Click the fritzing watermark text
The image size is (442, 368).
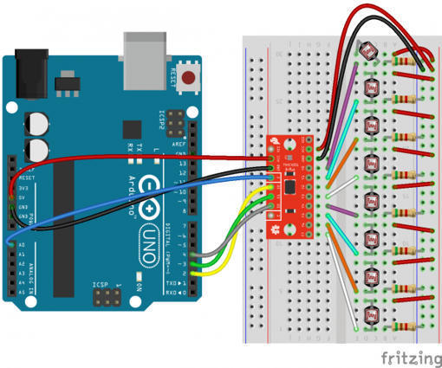pos(409,356)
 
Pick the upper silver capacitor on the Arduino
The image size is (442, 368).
pos(39,120)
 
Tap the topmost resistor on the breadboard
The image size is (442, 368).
pos(404,61)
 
